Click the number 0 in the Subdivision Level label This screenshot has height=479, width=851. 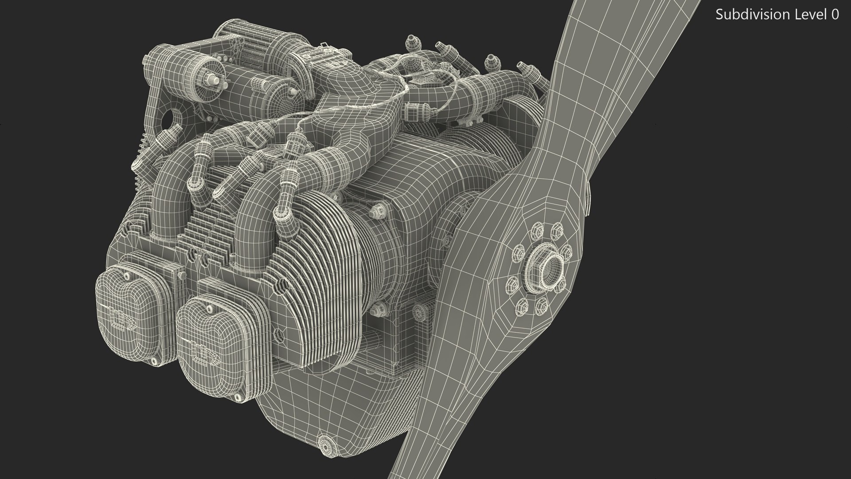pyautogui.click(x=835, y=15)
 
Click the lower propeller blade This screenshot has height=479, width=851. pyautogui.click(x=425, y=426)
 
